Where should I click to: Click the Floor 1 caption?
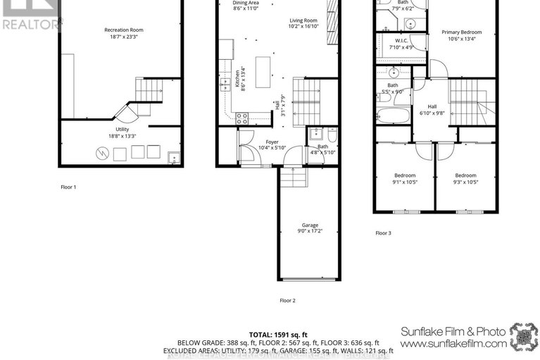pos(68,187)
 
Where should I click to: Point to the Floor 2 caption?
pos(287,301)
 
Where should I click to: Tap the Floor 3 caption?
pos(383,233)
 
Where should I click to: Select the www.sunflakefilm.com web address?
pos(453,345)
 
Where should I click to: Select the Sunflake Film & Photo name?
pos(452,331)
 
